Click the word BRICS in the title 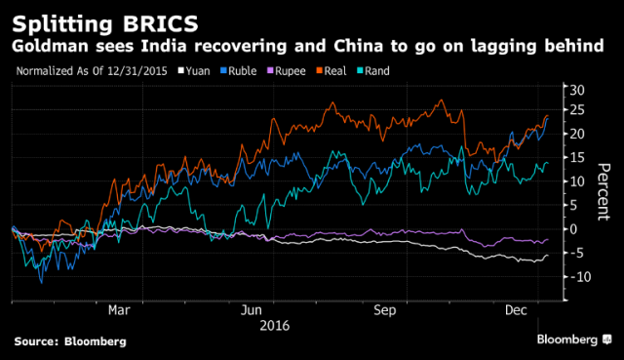tap(160, 23)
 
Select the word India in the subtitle tap(164, 46)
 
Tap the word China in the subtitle tap(358, 46)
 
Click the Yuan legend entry tap(194, 71)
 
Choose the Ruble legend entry tap(238, 71)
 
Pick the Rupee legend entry tap(286, 71)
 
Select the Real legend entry tap(331, 71)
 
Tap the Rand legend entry tap(372, 71)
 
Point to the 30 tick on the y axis tap(577, 90)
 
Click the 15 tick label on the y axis tap(577, 157)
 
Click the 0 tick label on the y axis tap(573, 229)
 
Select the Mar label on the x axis tap(119, 310)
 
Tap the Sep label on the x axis tap(385, 310)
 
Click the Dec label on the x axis tap(516, 310)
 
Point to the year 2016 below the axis tap(275, 326)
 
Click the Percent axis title tap(604, 191)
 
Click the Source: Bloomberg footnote tap(70, 341)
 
